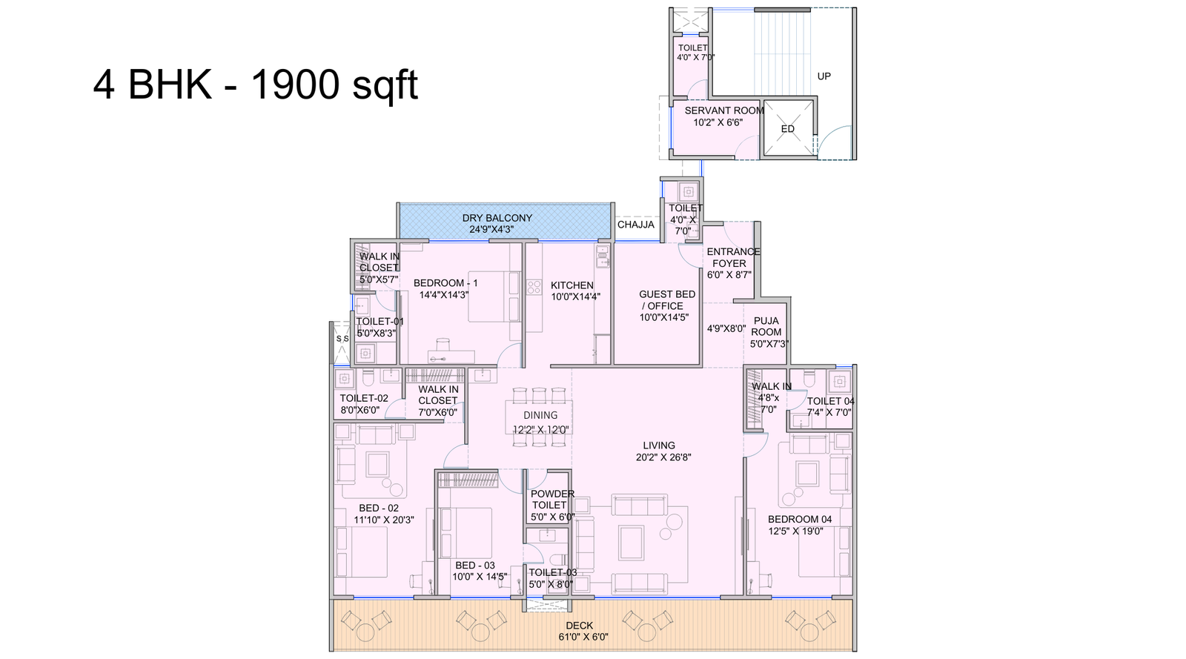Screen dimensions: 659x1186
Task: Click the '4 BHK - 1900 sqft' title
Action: point(255,85)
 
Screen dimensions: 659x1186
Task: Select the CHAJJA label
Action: point(636,225)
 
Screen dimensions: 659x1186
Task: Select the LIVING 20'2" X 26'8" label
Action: point(659,451)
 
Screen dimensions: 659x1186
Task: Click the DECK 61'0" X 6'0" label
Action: point(579,631)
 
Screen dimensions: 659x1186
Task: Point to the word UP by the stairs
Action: point(824,76)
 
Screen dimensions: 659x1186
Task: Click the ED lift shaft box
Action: point(787,129)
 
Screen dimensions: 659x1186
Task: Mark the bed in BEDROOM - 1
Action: point(492,297)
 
